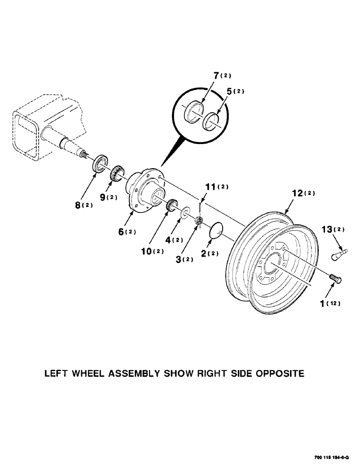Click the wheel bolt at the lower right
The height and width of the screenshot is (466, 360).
pos(336,279)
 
